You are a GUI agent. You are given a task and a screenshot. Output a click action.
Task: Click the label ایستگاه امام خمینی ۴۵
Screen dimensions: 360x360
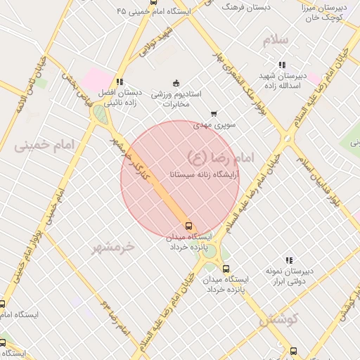[x=156, y=12]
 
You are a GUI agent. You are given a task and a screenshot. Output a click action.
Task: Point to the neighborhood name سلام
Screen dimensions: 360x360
[x=276, y=40]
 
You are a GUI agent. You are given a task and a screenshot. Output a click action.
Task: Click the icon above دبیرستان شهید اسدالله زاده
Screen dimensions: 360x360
[x=282, y=64]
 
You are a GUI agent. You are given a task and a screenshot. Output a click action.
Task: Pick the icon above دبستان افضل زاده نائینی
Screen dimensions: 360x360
[x=120, y=82]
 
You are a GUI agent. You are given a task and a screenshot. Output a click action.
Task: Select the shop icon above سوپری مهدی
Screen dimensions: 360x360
[x=214, y=113]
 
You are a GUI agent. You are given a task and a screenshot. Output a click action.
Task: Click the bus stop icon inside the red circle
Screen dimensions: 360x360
[x=188, y=226]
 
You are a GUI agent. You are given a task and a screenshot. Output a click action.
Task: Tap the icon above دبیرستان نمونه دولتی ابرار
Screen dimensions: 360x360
[x=289, y=260]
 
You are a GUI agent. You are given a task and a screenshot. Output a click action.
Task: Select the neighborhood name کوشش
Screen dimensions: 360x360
[x=278, y=320]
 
